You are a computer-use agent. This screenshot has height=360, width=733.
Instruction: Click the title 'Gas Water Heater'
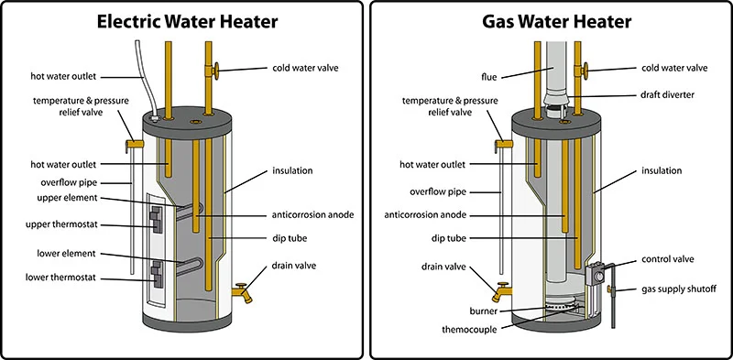552,22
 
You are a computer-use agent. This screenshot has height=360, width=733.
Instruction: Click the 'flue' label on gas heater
462,76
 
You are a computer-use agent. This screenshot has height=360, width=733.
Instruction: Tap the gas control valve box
596,276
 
